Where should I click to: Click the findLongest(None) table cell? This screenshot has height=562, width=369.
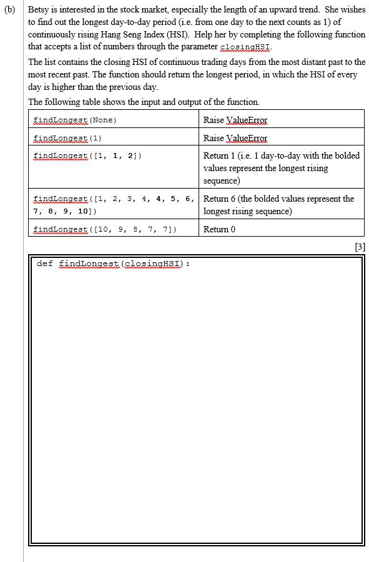[x=75, y=120]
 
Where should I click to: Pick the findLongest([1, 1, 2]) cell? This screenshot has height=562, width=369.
[x=87, y=155]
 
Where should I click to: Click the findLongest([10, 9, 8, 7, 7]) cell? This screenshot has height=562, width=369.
[x=105, y=229]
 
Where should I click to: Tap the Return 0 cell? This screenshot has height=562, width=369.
[x=219, y=229]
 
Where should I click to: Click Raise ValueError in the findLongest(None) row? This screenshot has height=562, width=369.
[x=235, y=120]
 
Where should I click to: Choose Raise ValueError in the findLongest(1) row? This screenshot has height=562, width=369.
[x=235, y=138]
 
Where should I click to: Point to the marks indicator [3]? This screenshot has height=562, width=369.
[x=359, y=247]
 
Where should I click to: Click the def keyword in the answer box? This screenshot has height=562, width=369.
[x=44, y=264]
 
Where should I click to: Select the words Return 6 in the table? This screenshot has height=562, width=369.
[x=219, y=199]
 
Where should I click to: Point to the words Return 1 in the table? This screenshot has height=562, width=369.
[x=219, y=155]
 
